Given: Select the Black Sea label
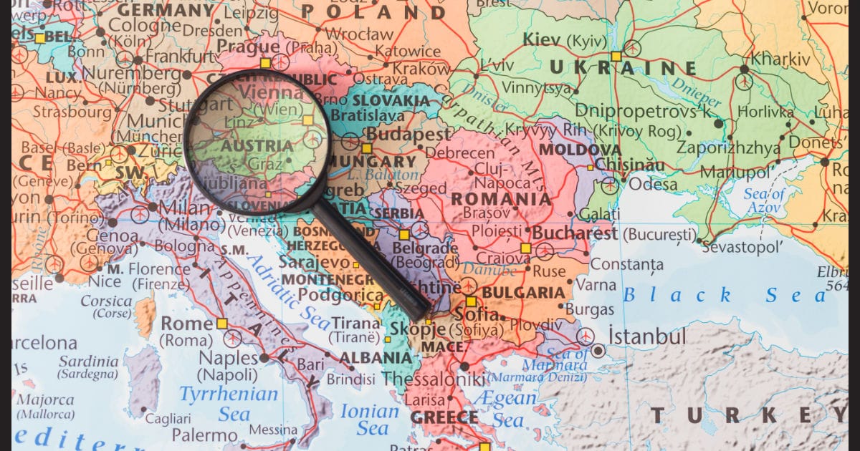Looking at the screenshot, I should [724, 295].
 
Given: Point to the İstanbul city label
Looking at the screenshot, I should [647, 336].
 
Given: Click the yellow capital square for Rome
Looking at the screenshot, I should [222, 324].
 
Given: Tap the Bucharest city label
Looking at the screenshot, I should [574, 233].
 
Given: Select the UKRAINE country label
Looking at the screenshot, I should [623, 69].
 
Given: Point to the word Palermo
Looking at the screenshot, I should [204, 434].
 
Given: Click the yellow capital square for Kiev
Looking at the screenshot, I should [616, 56].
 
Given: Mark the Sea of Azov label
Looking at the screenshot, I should [764, 200].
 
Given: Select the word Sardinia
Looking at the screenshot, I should [88, 361].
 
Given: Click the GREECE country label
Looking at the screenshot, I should [444, 417].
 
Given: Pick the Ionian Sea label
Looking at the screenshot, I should [368, 420].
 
